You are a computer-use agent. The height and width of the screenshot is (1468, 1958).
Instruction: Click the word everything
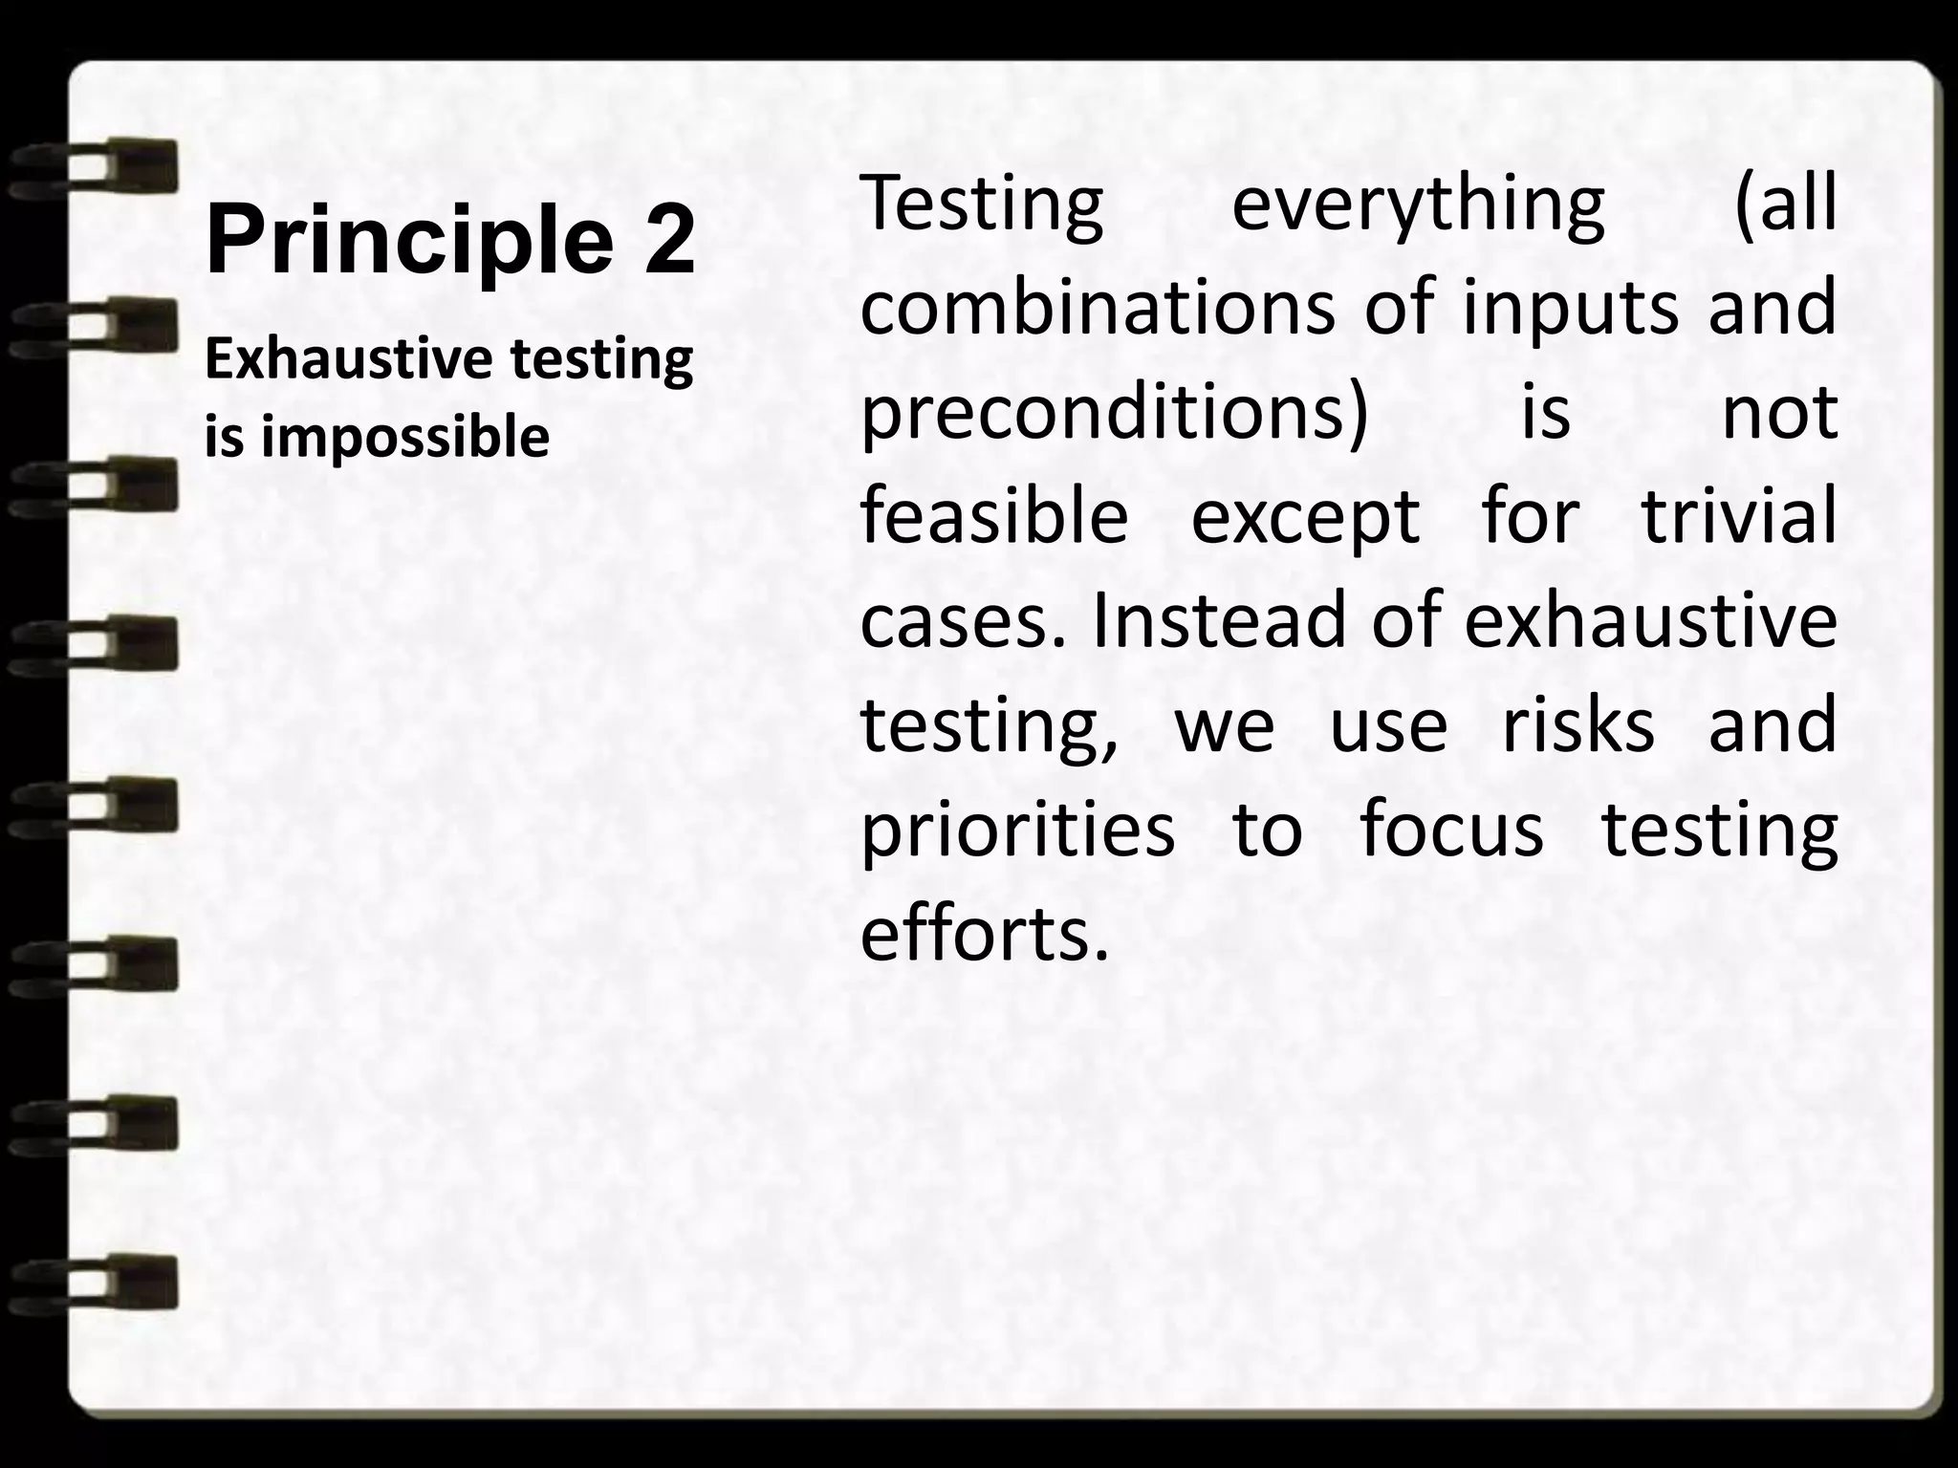click(x=1418, y=206)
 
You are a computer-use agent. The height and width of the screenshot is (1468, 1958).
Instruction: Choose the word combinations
click(x=1098, y=308)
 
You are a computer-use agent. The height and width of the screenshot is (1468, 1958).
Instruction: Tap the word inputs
click(x=1570, y=308)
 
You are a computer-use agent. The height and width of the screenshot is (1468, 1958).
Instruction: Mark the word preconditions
click(x=1114, y=413)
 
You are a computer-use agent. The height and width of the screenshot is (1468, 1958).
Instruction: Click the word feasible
click(x=994, y=516)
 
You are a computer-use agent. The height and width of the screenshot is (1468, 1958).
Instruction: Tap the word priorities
click(x=1017, y=830)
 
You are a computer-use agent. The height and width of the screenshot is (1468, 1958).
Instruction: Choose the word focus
click(x=1451, y=828)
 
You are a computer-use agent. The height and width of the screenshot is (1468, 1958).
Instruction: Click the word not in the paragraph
click(x=1779, y=413)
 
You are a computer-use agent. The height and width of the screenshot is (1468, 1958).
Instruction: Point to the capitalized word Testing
click(x=982, y=206)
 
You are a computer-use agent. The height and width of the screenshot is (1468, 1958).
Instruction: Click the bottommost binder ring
click(x=96, y=1281)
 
